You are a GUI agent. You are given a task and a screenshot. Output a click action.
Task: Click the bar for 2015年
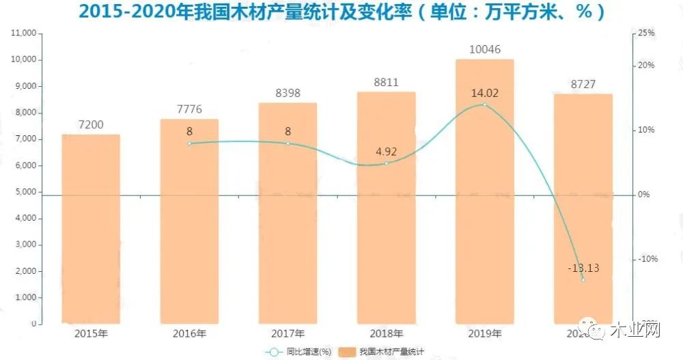91,229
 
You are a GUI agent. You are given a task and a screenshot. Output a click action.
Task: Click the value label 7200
91,124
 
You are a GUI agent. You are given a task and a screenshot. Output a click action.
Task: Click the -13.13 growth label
583,268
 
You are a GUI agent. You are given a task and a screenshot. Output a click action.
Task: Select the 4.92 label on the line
386,152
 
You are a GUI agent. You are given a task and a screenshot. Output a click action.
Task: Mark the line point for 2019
484,105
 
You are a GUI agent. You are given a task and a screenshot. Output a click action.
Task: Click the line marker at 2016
189,143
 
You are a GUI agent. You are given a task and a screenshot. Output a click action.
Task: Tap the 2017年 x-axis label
288,333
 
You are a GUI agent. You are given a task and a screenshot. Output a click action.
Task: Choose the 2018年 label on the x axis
386,333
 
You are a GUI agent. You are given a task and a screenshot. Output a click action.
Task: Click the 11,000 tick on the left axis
23,33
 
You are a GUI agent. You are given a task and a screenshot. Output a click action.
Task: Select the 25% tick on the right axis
646,33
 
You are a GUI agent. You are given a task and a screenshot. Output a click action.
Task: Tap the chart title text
341,12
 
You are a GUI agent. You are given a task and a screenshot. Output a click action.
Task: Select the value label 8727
583,84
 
